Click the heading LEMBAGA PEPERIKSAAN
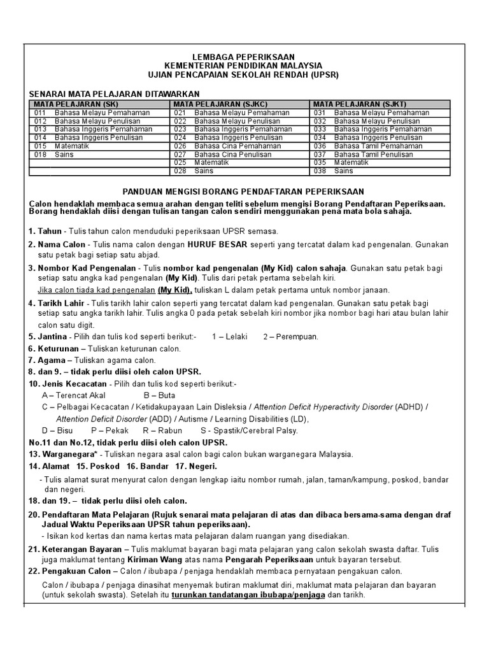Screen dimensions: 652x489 pyautogui.click(x=244, y=57)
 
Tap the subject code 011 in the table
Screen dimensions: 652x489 pyautogui.click(x=40, y=113)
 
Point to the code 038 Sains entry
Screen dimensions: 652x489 pyautogui.click(x=334, y=171)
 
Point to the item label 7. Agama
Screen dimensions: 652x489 pyautogui.click(x=47, y=360)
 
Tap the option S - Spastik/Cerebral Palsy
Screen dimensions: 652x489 pyautogui.click(x=248, y=430)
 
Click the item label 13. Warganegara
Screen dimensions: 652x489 pyautogui.click(x=62, y=454)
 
